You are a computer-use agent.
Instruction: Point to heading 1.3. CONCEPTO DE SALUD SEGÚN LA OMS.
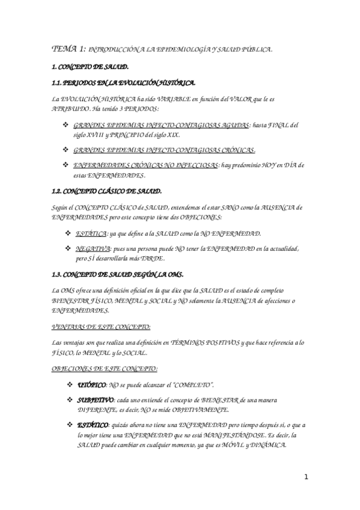[x=117, y=275]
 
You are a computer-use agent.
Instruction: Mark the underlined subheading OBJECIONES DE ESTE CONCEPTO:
[x=105, y=368]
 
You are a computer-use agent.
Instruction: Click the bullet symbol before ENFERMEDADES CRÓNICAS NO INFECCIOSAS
[x=66, y=164]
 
